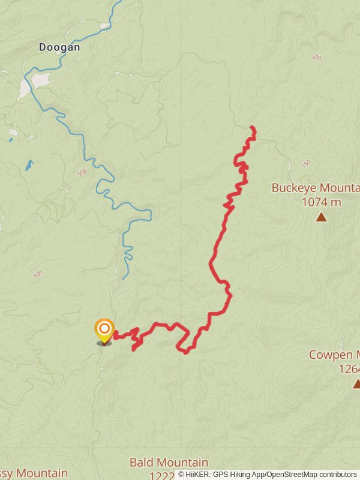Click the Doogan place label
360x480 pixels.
[59, 47]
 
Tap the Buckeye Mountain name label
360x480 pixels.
[316, 188]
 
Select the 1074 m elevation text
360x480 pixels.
[321, 202]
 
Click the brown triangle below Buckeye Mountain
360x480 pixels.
[322, 217]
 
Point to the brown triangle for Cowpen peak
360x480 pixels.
[357, 383]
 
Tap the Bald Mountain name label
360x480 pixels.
[169, 463]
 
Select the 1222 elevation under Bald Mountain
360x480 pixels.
[162, 475]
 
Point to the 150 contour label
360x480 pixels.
[306, 163]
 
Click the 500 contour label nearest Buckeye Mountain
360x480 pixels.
[316, 58]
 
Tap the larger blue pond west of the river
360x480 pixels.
[29, 165]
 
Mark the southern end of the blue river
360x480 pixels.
[124, 279]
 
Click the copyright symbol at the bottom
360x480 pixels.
[181, 475]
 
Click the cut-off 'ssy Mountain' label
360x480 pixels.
[34, 473]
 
